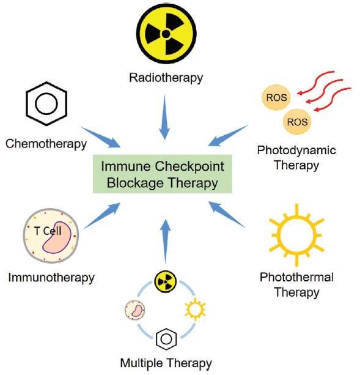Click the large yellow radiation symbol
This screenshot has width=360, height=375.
point(166,34)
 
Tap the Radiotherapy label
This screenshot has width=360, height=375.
point(166,78)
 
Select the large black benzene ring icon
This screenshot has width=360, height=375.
point(46,103)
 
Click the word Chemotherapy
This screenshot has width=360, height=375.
point(46,144)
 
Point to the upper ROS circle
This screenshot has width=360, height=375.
point(276,97)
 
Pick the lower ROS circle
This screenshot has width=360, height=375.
point(297,122)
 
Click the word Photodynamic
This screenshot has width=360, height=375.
point(296,150)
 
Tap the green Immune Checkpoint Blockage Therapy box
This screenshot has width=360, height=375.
point(163,174)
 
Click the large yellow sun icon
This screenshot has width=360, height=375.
point(296,235)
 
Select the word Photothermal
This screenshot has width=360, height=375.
point(296,277)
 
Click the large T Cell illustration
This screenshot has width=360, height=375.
point(51,236)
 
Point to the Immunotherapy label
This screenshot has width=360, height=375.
point(51,278)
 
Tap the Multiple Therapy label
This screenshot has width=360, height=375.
point(166,363)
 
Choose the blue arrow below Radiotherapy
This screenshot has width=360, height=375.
point(164,117)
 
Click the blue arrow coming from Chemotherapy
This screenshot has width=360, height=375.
point(100,137)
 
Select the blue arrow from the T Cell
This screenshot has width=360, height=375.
point(101,216)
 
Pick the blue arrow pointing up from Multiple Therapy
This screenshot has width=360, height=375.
point(165,242)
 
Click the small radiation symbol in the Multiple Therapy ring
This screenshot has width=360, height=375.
point(166,282)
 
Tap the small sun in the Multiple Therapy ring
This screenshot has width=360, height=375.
point(195,310)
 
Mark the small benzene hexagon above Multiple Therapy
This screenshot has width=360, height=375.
point(166,339)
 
